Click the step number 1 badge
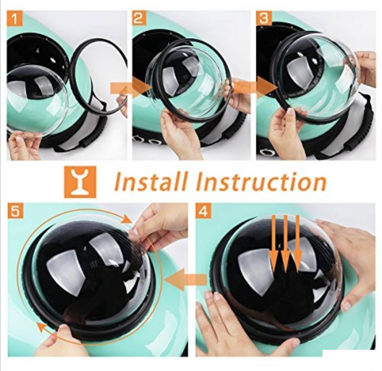(15, 18)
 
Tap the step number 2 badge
(139, 18)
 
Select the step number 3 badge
(264, 18)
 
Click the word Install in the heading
(151, 181)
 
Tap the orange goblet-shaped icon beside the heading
(80, 181)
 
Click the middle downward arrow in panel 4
(285, 243)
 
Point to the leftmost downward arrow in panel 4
(274, 243)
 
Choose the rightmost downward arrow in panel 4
(297, 243)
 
